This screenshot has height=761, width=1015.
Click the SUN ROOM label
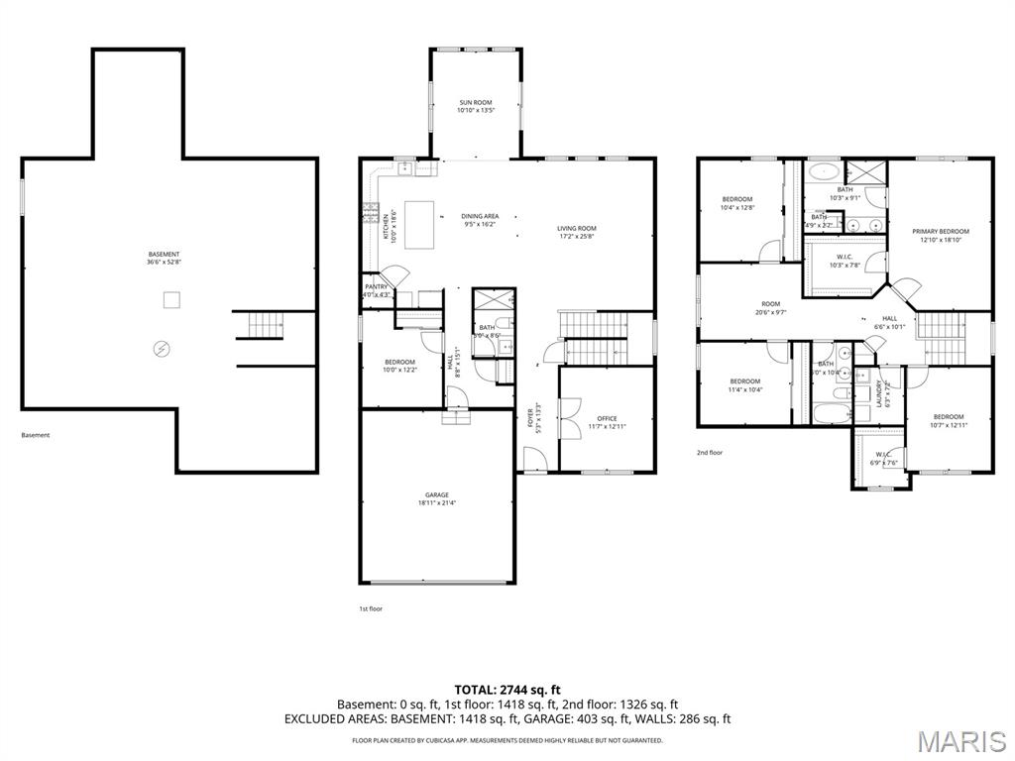[x=475, y=106]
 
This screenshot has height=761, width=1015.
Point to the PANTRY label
[x=377, y=290]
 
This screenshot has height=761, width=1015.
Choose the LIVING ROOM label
[x=576, y=233]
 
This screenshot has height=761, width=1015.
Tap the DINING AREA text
[x=480, y=220]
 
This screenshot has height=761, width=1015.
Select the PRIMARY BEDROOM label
[x=941, y=236]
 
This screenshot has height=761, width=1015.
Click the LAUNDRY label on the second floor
[x=878, y=392]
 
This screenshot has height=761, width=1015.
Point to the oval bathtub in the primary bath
[x=823, y=170]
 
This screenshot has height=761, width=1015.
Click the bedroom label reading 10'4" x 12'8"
[x=736, y=203]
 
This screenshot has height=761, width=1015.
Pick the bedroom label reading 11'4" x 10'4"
[x=744, y=385]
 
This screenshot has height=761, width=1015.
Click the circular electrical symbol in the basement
[x=162, y=349]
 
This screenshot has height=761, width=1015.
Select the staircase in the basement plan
[x=265, y=324]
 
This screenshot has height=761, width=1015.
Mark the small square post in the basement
[x=170, y=299]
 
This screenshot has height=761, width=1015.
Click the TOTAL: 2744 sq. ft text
[x=507, y=689]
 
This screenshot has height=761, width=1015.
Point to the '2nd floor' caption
[x=709, y=452]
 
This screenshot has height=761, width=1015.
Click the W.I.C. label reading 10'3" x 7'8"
[x=845, y=261]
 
